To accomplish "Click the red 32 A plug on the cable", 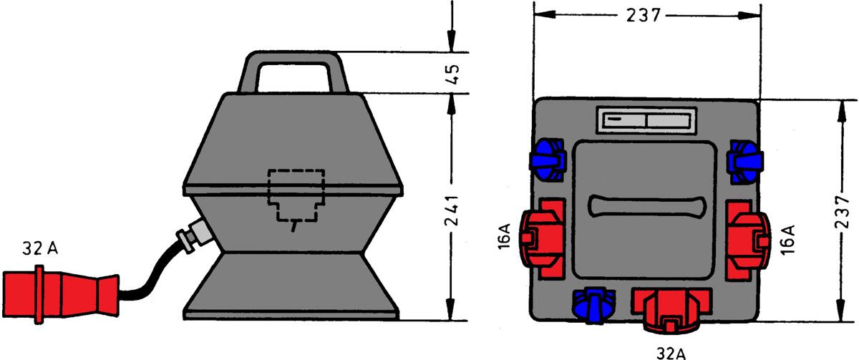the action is coord(61,294).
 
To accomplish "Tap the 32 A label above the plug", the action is coord(40,249).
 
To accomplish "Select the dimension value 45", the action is coord(453,74).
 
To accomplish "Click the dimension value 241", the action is coord(452,210).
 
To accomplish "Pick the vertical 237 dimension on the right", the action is coord(843,212).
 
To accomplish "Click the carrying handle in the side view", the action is coord(293,72).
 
